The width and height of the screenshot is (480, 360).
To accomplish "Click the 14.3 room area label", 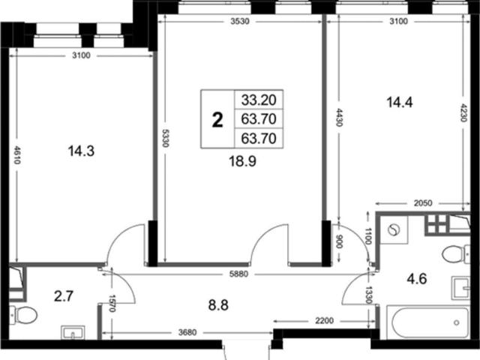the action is [81, 151].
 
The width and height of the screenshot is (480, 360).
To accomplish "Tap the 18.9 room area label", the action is [243, 161].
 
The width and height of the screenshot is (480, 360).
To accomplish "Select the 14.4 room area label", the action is [400, 102].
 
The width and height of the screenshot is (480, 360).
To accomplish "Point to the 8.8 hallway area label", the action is [218, 305].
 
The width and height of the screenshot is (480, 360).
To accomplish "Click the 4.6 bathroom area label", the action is [417, 279].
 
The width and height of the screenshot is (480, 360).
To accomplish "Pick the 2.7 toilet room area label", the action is [64, 296].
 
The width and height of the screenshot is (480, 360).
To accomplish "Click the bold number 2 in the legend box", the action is [217, 120].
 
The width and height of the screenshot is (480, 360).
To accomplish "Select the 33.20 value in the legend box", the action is [259, 100].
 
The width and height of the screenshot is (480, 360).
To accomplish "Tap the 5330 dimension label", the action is [165, 138].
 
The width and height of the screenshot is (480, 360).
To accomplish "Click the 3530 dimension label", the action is [240, 22].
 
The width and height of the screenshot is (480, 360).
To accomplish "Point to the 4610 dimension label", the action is [17, 155].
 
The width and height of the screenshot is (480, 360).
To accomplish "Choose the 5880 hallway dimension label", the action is [238, 274].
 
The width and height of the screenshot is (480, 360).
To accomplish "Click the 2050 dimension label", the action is [423, 203].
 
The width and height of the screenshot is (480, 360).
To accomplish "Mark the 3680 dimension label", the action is [187, 332].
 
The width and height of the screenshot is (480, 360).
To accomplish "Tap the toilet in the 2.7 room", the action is [23, 315].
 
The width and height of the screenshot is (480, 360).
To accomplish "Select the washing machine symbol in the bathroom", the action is [394, 229].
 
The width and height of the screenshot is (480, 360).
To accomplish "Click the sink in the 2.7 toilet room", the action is [73, 332].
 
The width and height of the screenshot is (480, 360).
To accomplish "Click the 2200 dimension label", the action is [324, 320].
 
